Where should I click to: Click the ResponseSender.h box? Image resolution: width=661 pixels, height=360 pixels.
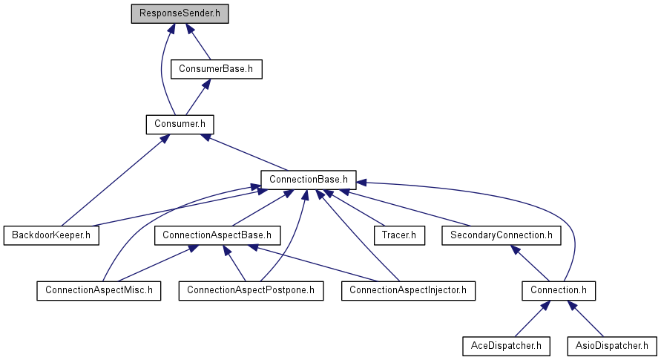(x=180, y=13)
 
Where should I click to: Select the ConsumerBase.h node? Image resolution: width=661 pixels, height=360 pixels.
(x=217, y=69)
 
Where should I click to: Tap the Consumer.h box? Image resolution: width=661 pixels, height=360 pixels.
(x=180, y=125)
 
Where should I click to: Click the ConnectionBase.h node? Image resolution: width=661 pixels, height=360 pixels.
(x=309, y=180)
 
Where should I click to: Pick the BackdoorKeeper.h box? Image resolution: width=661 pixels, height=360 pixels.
(x=51, y=235)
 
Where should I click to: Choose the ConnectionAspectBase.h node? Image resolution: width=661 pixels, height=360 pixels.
(x=217, y=235)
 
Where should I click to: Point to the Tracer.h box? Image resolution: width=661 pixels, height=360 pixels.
(x=399, y=235)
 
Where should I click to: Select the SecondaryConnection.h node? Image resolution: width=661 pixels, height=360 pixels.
(x=501, y=235)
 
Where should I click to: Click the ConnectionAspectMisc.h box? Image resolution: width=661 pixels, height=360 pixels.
(x=99, y=291)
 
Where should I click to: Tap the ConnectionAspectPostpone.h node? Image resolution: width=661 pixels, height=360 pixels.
(x=251, y=291)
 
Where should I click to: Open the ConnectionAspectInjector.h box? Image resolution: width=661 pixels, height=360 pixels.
(x=408, y=291)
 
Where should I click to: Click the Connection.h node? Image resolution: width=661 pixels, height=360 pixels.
(x=559, y=291)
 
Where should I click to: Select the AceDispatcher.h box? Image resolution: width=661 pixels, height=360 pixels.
(x=506, y=346)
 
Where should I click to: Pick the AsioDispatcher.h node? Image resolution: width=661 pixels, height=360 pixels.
(x=612, y=346)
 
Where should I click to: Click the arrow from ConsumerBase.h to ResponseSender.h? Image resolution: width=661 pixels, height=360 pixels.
(x=198, y=42)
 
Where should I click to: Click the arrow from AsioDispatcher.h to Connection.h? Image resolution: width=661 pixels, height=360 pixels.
(x=585, y=318)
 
